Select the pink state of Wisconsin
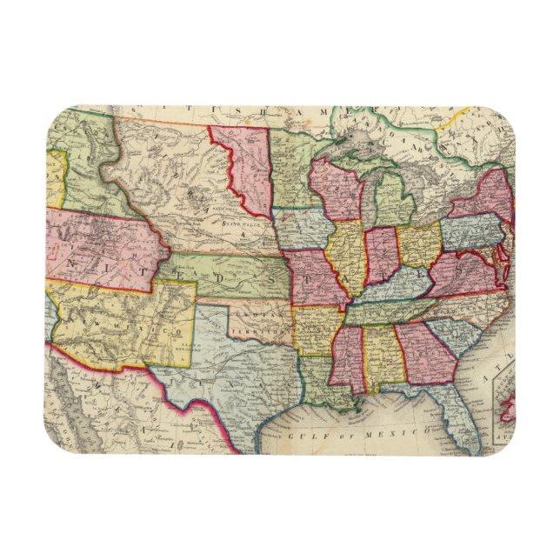[x=336, y=188]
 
